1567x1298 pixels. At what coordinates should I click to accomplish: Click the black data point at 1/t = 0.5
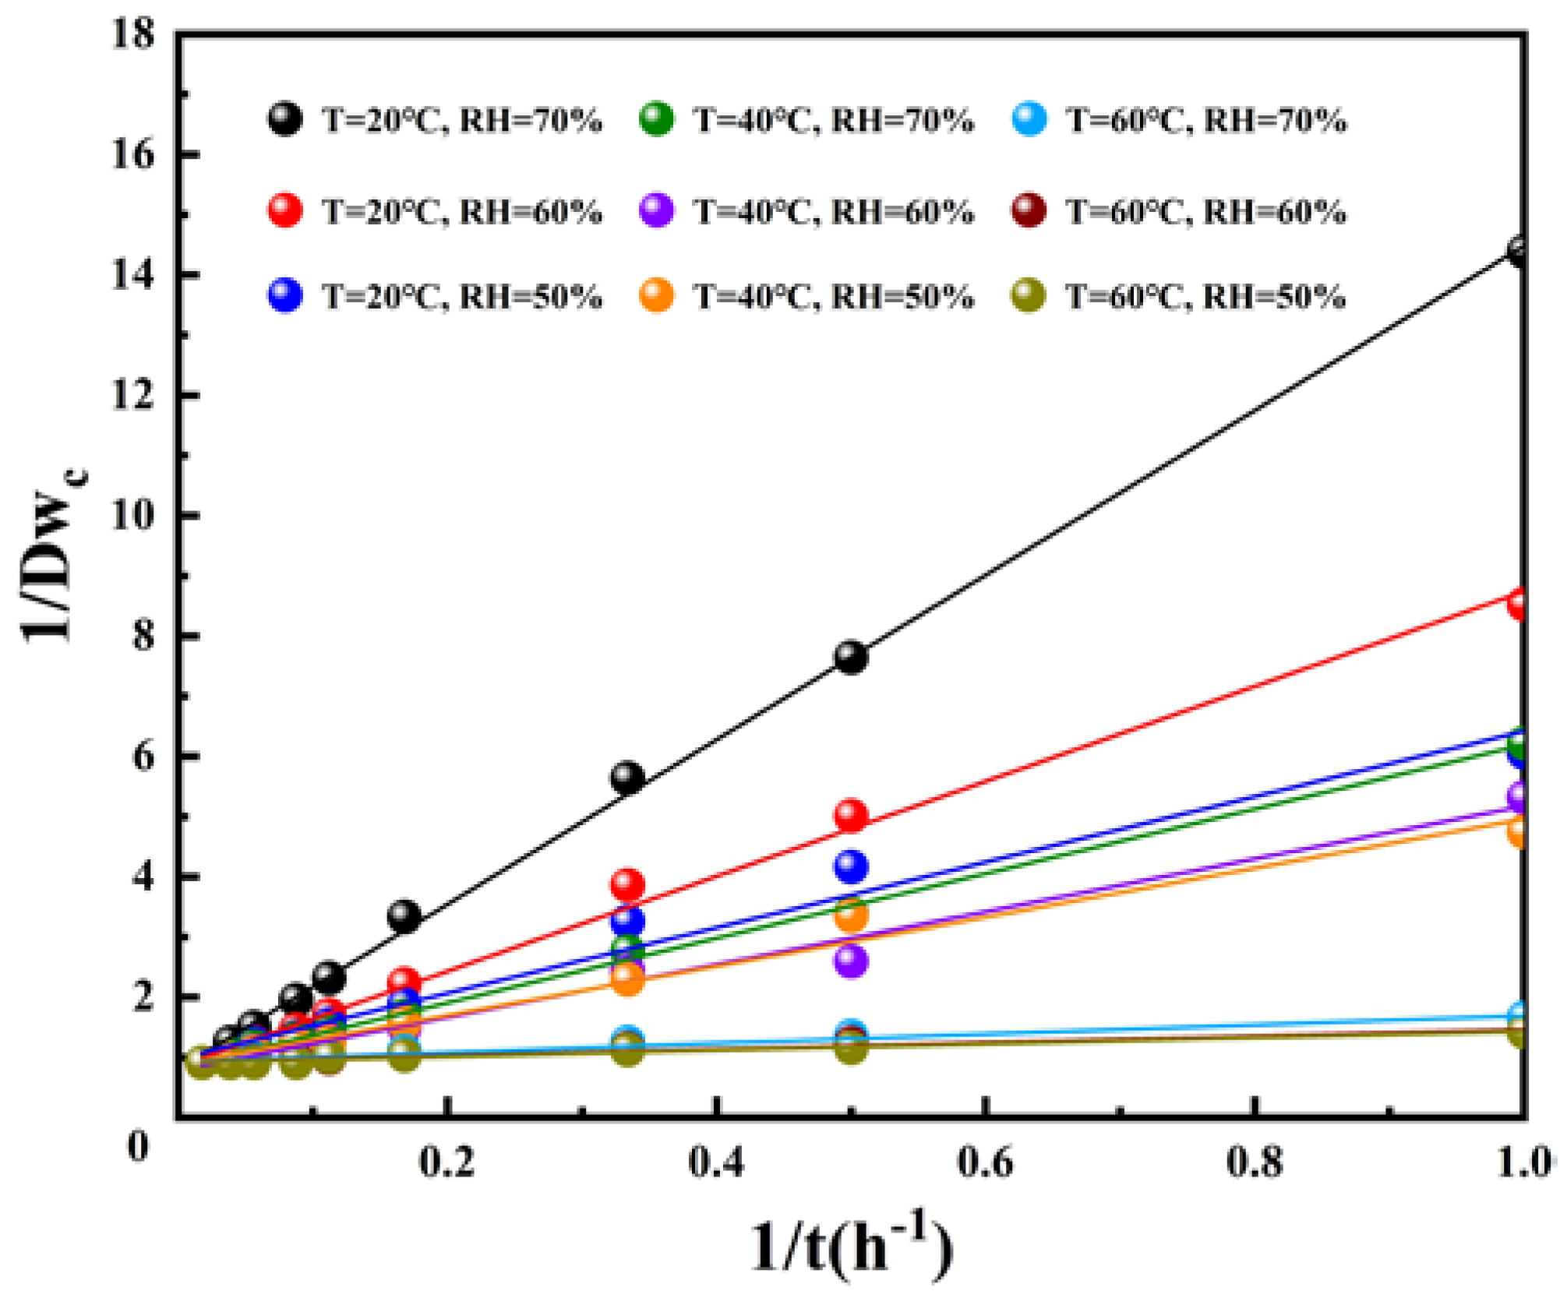[851, 658]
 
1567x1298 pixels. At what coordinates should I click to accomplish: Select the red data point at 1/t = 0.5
[851, 816]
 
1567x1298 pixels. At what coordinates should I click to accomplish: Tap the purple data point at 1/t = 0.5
[851, 961]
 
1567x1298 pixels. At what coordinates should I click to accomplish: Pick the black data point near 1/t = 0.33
[627, 778]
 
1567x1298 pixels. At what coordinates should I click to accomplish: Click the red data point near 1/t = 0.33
[627, 885]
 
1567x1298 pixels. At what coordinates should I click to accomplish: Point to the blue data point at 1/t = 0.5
[851, 866]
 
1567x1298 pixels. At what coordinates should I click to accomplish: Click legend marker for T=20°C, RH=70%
[285, 119]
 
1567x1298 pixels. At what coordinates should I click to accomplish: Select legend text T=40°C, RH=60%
[833, 212]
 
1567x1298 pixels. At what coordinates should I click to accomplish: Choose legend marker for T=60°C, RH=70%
[1030, 119]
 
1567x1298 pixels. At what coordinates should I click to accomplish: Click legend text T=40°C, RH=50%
[833, 297]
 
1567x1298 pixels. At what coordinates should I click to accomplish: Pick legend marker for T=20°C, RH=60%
[285, 211]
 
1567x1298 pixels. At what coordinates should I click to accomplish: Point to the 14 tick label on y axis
[132, 275]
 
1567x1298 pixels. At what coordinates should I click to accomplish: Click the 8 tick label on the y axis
[142, 636]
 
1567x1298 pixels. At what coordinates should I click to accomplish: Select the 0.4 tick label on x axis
[716, 1163]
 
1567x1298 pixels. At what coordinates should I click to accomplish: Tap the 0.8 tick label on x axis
[1254, 1163]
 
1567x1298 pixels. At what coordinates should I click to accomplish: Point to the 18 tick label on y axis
[132, 35]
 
